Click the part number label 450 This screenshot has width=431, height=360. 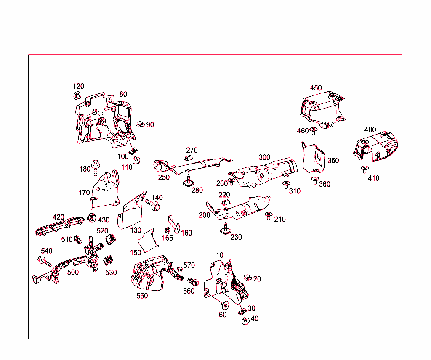316,88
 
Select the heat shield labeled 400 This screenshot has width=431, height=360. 375,146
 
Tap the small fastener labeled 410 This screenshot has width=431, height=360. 364,169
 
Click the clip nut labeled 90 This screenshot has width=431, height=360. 141,124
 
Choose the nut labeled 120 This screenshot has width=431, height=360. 77,95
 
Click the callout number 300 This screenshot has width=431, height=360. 264,157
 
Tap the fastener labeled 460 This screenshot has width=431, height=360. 314,131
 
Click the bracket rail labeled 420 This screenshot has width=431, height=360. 59,225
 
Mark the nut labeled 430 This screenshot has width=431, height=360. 90,218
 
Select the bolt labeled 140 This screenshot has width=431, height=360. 153,206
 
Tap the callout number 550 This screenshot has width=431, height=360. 142,296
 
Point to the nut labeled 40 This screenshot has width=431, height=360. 245,321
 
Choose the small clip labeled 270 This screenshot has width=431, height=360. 188,158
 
